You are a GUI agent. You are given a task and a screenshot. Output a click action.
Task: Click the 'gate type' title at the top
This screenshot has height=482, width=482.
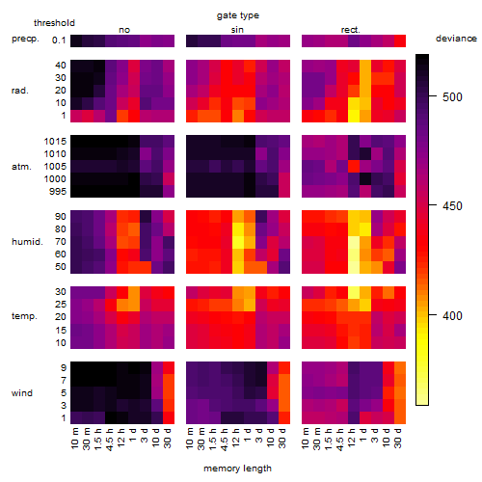tap(238, 15)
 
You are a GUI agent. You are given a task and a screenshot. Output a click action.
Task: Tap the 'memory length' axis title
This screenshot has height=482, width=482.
tap(237, 469)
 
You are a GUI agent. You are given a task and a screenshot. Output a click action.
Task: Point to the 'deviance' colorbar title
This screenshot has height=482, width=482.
tap(456, 39)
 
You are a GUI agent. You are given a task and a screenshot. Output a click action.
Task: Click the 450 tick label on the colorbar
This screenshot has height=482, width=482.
tap(452, 205)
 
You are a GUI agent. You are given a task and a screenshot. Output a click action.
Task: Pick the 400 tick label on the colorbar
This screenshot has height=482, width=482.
tap(452, 316)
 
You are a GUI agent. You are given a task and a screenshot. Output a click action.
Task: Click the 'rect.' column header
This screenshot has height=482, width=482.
tap(351, 30)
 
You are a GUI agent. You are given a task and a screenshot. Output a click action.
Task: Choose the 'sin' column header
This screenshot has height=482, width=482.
tap(237, 30)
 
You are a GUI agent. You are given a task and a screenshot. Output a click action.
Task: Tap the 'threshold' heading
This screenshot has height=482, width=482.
tap(54, 23)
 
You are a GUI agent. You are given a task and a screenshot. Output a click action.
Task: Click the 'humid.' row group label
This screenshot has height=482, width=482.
tap(27, 242)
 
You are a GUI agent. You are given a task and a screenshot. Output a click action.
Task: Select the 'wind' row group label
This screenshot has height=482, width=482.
tap(22, 393)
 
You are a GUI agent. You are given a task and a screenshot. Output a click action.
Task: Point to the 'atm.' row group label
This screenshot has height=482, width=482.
tap(21, 167)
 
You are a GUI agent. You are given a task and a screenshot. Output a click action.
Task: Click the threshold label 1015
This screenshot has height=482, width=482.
tap(55, 142)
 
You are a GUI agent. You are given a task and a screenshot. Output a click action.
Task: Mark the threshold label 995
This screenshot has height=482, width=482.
tap(58, 192)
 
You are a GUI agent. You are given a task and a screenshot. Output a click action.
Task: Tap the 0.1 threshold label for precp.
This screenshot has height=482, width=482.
tap(59, 40)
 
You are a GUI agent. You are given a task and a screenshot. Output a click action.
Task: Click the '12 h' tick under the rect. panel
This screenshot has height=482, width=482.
tap(351, 438)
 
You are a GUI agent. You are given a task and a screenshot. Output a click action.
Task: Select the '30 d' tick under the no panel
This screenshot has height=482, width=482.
tap(167, 438)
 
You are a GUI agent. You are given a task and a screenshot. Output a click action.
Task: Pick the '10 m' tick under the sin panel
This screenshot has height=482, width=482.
tap(190, 439)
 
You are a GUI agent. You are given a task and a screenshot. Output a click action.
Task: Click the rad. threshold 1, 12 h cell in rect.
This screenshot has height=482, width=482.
tap(354, 116)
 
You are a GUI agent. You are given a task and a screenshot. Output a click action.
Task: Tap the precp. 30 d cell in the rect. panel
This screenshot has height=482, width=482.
tap(400, 40)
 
